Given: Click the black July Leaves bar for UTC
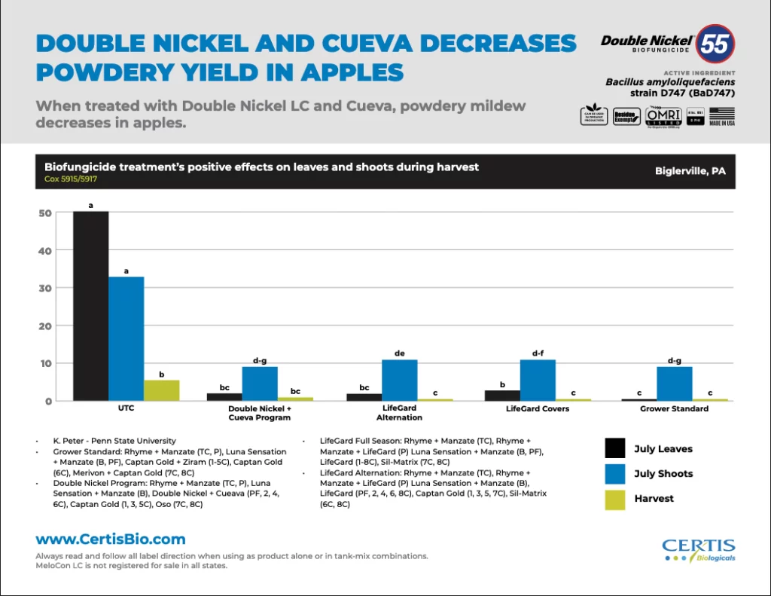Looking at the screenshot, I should [90, 306].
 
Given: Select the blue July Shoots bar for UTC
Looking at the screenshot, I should [126, 338].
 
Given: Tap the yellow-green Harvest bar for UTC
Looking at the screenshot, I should [161, 390].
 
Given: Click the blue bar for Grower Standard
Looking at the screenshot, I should [674, 384].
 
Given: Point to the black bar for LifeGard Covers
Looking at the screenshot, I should [501, 395].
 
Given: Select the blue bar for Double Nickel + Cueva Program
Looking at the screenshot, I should [259, 384].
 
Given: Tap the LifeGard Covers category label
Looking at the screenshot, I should [537, 409].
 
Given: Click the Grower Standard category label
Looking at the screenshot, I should [674, 409].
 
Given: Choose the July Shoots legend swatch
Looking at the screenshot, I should [615, 474].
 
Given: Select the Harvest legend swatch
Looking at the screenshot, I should [615, 499].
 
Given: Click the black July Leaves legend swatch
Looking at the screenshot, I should [615, 449].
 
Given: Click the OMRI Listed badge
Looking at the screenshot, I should [663, 117].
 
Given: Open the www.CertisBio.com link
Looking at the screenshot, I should [111, 539].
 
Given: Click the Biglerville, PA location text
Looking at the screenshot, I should [690, 171].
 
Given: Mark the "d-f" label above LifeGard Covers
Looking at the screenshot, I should [537, 353].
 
